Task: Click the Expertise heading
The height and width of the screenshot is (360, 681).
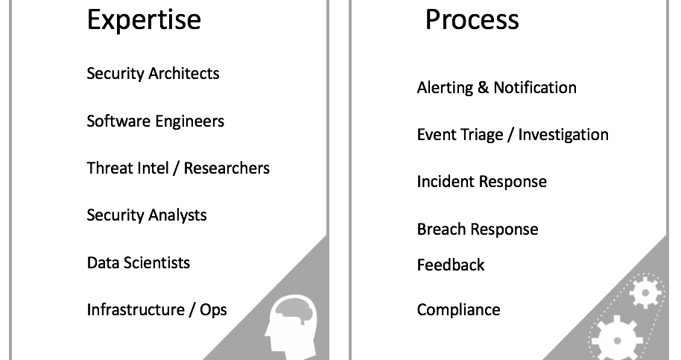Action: coord(144,20)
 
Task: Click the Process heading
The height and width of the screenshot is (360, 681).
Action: coord(472,19)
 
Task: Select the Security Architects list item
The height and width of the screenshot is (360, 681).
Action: coord(153,73)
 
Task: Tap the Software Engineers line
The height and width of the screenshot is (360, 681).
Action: coord(156,121)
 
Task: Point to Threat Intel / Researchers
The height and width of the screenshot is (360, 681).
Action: coord(178,168)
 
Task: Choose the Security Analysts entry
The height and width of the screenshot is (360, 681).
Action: coord(147,215)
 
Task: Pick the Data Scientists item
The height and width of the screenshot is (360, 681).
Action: coord(139,262)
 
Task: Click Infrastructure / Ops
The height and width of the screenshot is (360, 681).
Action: coord(156,310)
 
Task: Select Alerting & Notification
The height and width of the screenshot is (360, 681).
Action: coord(497,88)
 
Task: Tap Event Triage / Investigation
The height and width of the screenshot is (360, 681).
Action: coord(513,135)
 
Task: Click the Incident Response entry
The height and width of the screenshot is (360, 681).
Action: coord(481,182)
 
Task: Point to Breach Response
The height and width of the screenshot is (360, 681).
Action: coord(478,230)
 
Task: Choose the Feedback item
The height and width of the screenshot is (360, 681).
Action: coord(450,265)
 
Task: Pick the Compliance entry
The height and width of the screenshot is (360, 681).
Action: coord(458,310)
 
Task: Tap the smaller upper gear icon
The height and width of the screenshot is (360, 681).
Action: coord(645,293)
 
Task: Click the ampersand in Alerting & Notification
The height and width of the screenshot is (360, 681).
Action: coord(483,87)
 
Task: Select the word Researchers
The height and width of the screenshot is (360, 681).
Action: coord(227,168)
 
